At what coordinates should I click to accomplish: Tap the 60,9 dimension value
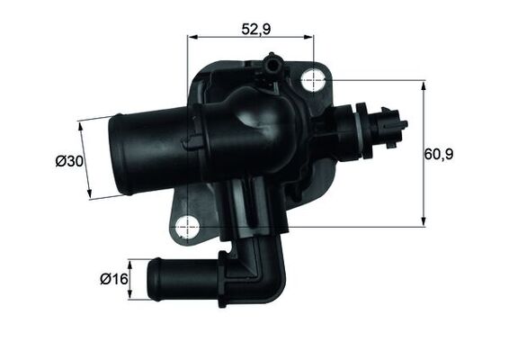point(440,154)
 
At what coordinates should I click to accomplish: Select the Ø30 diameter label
point(68,161)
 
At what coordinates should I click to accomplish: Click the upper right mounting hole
point(313,79)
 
